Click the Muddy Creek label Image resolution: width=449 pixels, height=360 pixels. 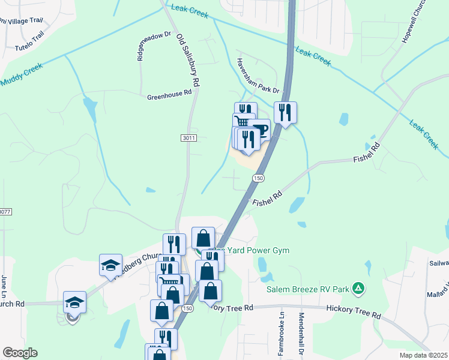pyautogui.click(x=23, y=74)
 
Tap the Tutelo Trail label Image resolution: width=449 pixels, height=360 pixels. pyautogui.click(x=29, y=41)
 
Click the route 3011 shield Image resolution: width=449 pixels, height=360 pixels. pyautogui.click(x=188, y=138)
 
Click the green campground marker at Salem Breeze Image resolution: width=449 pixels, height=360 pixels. pyautogui.click(x=358, y=289)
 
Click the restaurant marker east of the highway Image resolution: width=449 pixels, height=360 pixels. pyautogui.click(x=285, y=112)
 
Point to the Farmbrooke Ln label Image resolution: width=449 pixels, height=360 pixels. pyautogui.click(x=280, y=332)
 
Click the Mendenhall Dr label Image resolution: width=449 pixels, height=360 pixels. pyautogui.click(x=301, y=334)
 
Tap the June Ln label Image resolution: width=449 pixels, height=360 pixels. pyautogui.click(x=4, y=285)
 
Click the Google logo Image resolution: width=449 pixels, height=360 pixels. pyautogui.click(x=20, y=352)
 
